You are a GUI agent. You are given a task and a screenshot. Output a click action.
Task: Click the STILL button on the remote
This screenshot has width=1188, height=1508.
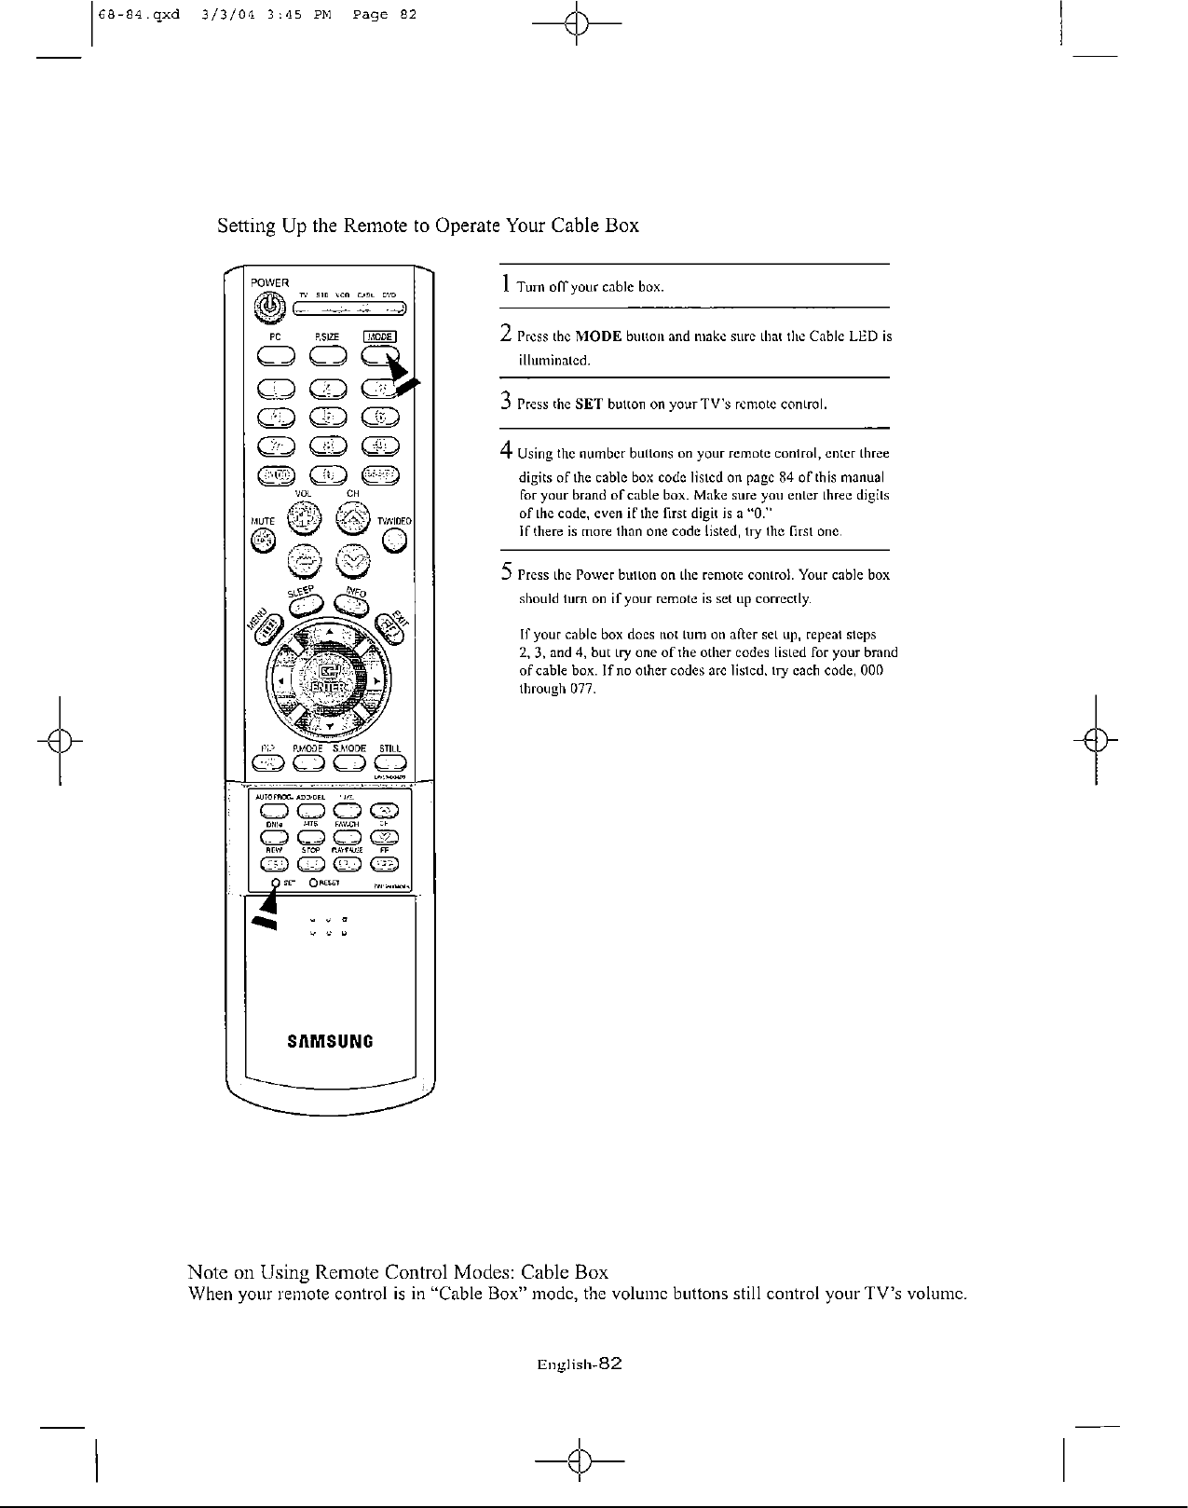(x=389, y=765)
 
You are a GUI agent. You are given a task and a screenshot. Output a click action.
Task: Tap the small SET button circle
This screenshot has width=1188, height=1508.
(x=276, y=883)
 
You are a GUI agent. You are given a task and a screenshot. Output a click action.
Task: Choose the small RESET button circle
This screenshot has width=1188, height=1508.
(x=313, y=883)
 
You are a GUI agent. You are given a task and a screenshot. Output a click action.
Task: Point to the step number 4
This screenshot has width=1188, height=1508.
(x=505, y=452)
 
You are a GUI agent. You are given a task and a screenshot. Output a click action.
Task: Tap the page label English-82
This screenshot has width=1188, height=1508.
(x=579, y=1364)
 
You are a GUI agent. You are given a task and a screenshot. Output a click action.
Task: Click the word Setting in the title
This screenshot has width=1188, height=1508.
(x=245, y=226)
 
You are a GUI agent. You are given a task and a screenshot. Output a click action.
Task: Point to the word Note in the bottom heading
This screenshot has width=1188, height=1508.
(x=208, y=1272)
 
